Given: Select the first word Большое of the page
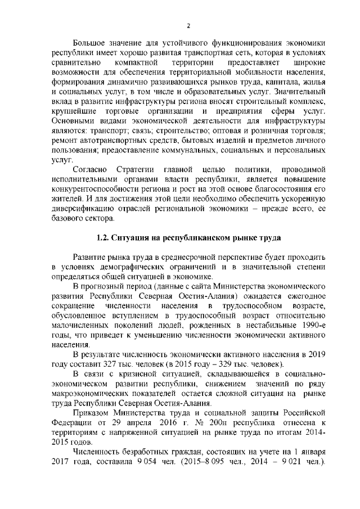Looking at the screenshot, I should pos(91,43).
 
